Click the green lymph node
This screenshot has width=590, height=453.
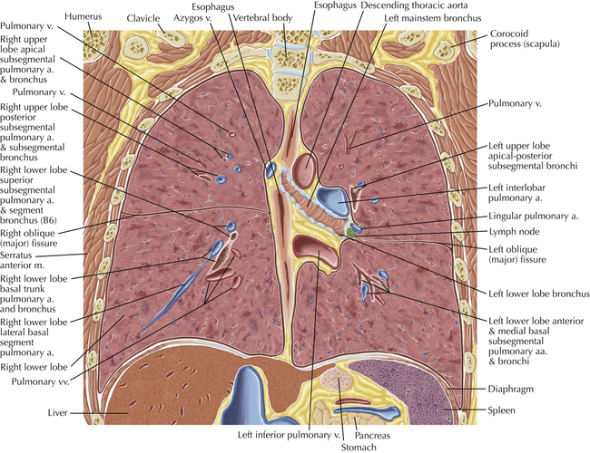click(x=352, y=233)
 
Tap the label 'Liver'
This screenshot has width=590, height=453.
click(x=57, y=412)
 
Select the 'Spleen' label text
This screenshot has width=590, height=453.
click(x=501, y=410)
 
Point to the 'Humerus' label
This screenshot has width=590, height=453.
click(x=84, y=16)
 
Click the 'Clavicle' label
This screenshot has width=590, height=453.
click(x=143, y=18)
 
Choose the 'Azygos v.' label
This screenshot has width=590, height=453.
click(x=193, y=18)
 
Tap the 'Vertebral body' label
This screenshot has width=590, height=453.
click(x=262, y=17)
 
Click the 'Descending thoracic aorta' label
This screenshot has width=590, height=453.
click(x=414, y=5)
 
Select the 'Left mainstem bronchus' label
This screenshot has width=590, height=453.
click(x=433, y=17)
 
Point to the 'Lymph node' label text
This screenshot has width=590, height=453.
click(x=514, y=232)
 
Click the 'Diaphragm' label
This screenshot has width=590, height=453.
click(x=511, y=389)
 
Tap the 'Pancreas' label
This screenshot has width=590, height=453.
click(x=372, y=436)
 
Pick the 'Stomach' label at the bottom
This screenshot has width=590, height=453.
click(x=359, y=448)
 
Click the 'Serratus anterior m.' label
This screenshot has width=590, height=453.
click(x=22, y=260)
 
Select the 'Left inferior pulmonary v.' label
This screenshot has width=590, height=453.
click(x=289, y=435)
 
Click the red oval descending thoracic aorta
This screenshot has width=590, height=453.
click(x=305, y=168)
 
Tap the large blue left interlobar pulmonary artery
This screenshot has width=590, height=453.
click(x=333, y=200)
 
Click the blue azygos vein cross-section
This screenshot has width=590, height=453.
click(x=270, y=169)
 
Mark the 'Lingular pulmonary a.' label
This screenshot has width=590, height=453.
click(x=533, y=216)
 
